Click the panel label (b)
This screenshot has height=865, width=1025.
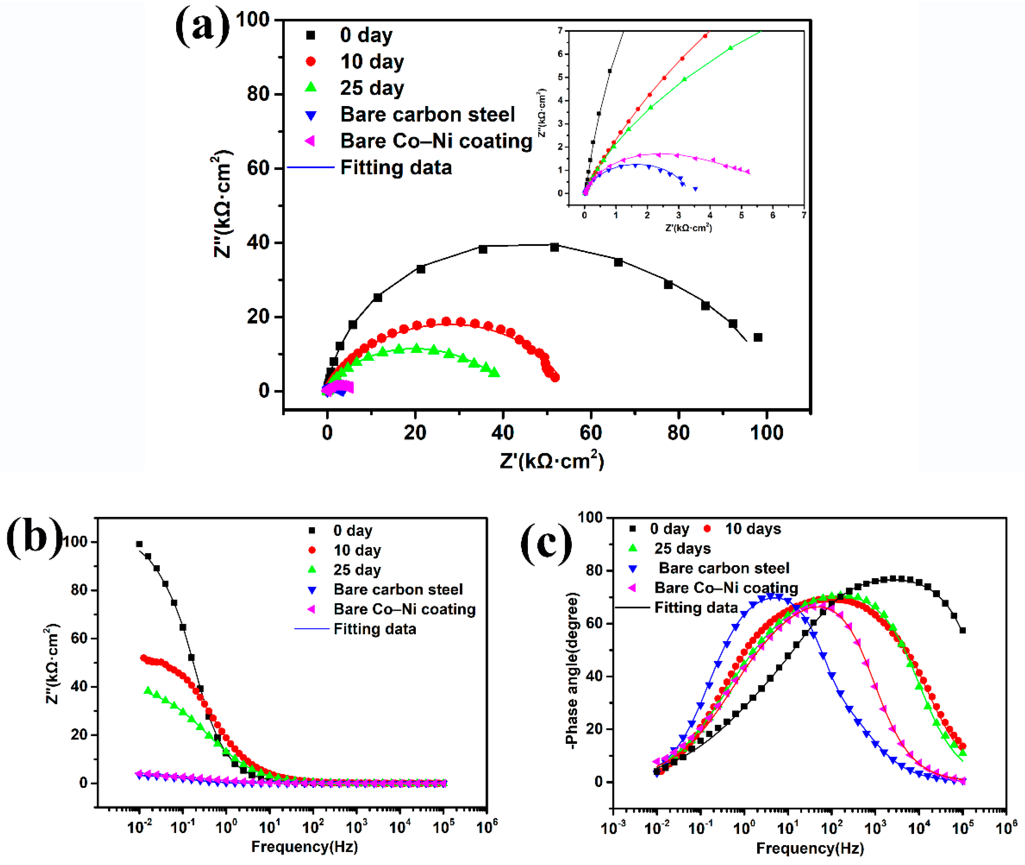coord(34,538)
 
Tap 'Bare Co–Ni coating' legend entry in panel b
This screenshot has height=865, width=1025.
coord(404,609)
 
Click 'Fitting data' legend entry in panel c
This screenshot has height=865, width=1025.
coord(696,608)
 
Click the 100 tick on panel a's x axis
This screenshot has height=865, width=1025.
coord(766,432)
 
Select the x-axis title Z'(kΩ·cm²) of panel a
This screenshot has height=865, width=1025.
coord(552,460)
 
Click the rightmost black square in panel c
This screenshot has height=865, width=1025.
coord(962,630)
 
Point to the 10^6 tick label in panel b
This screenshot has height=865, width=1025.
coord(487,827)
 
